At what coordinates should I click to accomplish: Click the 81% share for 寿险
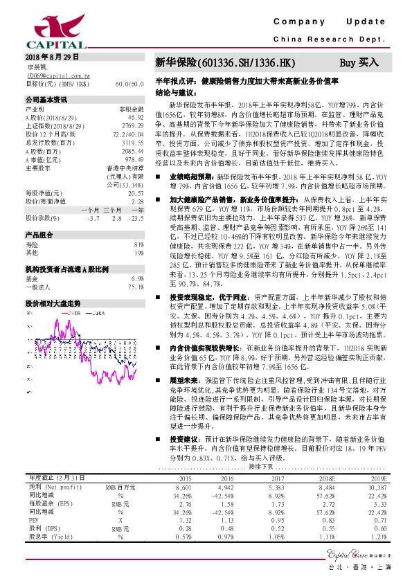point(138,245)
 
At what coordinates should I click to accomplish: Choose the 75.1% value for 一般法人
point(135,287)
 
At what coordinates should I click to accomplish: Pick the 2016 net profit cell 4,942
point(226,508)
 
